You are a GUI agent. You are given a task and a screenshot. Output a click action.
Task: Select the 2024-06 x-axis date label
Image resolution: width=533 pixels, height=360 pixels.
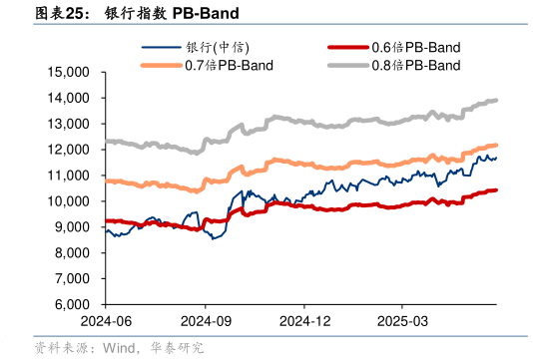(105, 321)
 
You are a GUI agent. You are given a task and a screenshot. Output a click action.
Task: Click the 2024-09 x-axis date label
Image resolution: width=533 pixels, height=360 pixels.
(205, 321)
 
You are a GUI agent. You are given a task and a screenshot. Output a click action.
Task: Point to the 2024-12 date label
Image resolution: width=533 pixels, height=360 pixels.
(304, 321)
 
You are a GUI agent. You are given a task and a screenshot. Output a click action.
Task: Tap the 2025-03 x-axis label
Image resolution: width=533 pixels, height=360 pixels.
(401, 321)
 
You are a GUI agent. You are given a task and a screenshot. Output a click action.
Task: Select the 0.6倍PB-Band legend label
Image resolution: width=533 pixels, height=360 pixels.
(415, 47)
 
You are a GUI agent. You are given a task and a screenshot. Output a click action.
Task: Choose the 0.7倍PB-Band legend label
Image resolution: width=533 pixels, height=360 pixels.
(230, 66)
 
